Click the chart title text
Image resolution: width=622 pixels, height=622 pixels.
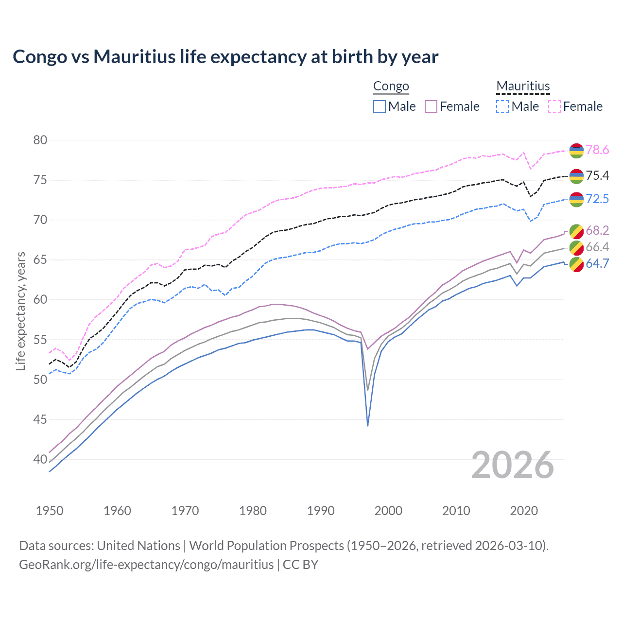[225, 57]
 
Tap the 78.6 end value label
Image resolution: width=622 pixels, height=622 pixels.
[597, 150]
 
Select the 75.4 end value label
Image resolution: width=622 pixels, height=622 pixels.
[597, 176]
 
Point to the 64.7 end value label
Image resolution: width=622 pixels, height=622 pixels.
[597, 264]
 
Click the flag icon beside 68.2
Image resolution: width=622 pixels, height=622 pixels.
[576, 231]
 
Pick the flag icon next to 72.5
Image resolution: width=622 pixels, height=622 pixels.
[576, 199]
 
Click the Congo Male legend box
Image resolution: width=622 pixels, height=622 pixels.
[380, 106]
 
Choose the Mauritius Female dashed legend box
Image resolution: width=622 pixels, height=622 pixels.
[554, 106]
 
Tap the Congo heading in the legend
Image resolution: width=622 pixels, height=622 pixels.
[391, 86]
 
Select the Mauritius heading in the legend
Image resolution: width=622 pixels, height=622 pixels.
[523, 86]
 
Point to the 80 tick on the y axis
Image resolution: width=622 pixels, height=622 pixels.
[40, 140]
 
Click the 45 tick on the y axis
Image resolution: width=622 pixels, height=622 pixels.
[40, 419]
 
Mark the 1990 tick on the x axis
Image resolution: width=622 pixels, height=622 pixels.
[321, 511]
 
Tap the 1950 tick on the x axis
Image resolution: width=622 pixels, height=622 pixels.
[50, 511]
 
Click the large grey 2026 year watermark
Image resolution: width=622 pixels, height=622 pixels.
[513, 466]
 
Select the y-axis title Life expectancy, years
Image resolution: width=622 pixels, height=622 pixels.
[21, 311]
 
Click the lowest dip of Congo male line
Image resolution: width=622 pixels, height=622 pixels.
[368, 425]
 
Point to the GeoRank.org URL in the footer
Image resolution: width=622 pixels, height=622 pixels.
[146, 565]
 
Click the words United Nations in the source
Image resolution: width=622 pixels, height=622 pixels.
[138, 546]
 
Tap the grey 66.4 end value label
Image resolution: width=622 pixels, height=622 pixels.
[597, 247]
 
